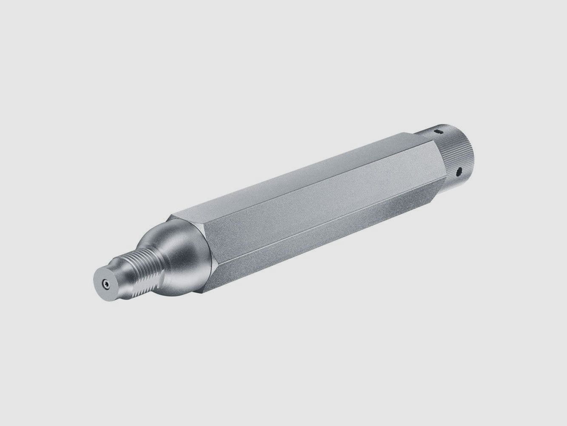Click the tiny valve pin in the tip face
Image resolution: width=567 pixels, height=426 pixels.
[x=105, y=283]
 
